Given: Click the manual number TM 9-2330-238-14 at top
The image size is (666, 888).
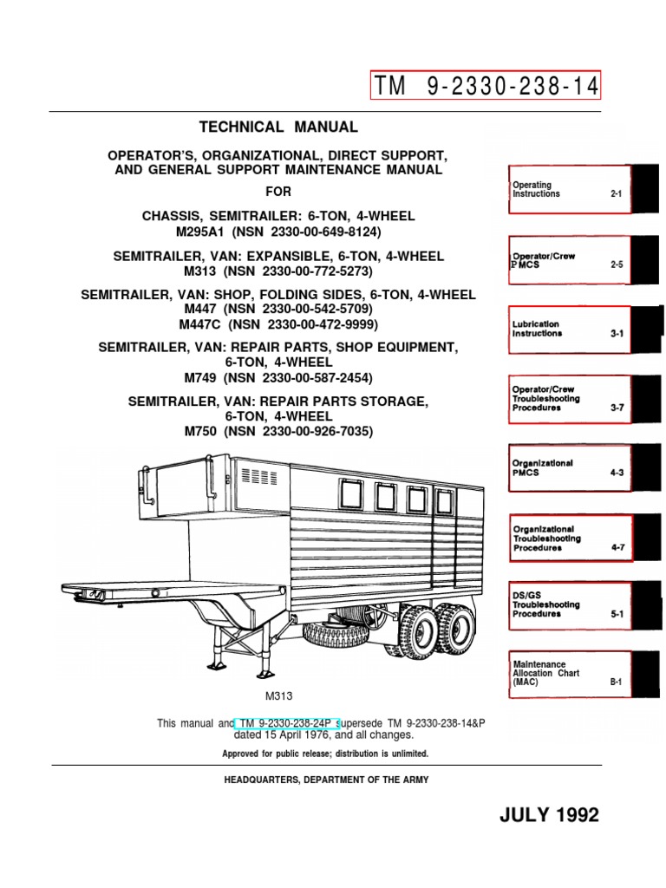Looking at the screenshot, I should (485, 86).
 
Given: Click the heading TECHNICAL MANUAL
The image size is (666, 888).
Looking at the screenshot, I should (278, 127).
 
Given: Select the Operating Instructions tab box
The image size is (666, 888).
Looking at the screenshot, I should (569, 189).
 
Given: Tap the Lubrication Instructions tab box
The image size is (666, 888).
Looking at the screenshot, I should (569, 329).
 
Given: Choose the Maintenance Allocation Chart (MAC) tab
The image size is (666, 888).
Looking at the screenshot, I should (569, 673).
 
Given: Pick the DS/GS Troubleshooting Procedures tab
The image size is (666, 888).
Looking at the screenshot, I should (569, 604).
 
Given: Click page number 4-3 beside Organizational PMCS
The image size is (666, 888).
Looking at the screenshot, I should (617, 473).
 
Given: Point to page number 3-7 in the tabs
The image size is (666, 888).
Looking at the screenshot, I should (617, 407).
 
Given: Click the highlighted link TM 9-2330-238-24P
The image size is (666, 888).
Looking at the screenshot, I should (288, 723).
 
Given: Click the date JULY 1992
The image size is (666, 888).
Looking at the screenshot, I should (550, 815).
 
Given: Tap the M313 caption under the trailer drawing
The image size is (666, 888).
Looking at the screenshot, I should (278, 695).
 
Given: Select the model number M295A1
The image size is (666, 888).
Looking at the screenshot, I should (206, 232).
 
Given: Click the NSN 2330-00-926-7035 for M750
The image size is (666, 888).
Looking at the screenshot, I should (301, 429).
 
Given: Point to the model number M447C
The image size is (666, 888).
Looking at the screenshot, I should (202, 324).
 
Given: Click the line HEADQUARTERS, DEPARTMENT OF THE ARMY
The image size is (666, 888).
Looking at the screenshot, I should (326, 780).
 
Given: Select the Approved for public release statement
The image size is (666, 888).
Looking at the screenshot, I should (326, 754).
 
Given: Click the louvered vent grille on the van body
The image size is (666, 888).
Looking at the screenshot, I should (258, 476).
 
